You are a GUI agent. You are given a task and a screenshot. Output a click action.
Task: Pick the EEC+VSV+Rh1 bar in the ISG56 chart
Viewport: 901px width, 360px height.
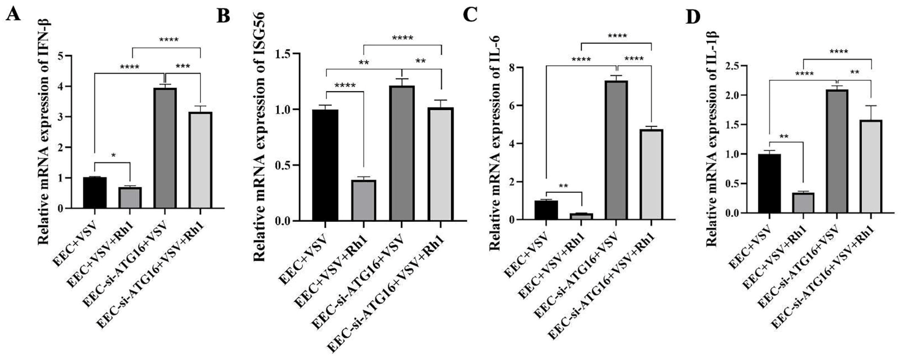pos(364,200)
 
